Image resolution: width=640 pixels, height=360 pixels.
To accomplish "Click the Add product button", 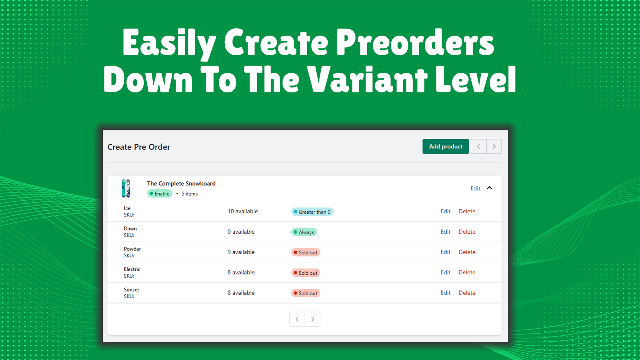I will (x=446, y=146).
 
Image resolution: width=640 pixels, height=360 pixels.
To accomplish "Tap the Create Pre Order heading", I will (x=139, y=147).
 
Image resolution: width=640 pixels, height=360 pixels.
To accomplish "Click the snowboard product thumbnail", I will (x=126, y=188).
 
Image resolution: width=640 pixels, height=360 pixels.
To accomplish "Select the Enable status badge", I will (x=160, y=194).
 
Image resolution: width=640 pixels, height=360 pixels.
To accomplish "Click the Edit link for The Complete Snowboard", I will (x=475, y=188).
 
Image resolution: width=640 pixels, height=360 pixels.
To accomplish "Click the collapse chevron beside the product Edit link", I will (x=490, y=188).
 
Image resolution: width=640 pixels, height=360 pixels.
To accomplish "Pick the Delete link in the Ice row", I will (x=467, y=211).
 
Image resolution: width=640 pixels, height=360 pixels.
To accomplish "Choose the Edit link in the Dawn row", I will (x=446, y=232).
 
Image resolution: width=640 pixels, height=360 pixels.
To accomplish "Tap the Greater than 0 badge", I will (x=312, y=212).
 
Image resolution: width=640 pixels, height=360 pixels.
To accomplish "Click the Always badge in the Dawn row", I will (x=304, y=232).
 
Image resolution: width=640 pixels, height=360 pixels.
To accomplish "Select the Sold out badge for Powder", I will (x=306, y=252).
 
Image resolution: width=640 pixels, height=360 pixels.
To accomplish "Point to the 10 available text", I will (x=243, y=211).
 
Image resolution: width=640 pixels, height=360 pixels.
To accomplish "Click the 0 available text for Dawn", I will (x=241, y=232).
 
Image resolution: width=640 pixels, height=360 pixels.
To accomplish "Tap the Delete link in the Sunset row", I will (x=467, y=293).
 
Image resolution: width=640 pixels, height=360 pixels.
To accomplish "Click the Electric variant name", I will (x=132, y=269).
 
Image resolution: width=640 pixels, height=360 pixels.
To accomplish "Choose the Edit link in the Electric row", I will (x=446, y=272).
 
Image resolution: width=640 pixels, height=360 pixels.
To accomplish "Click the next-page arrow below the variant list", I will (x=312, y=319).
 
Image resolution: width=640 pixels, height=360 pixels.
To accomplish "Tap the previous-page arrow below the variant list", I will (x=297, y=319).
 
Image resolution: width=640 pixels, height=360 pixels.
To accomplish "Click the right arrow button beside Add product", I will (x=494, y=146).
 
